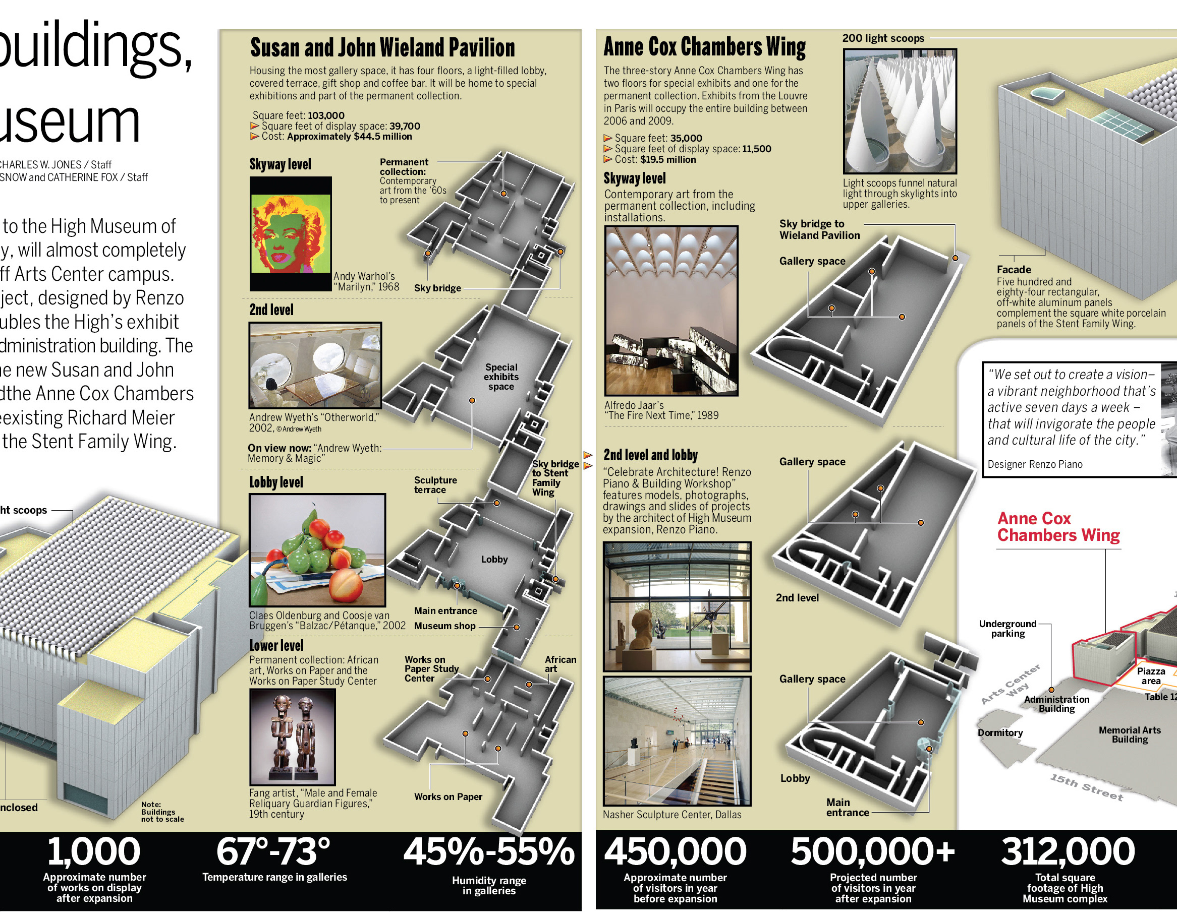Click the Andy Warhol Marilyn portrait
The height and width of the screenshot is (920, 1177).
point(291,234)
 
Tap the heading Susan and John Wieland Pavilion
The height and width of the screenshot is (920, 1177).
point(382,48)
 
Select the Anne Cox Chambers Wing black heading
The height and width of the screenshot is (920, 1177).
point(704,47)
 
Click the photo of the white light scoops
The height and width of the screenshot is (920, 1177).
point(900,111)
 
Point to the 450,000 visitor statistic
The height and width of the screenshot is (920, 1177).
point(675,851)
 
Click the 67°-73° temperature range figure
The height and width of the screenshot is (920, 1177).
point(273,851)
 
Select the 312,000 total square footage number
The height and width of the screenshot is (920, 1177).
point(1068,851)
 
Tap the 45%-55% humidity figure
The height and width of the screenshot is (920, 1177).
point(489,851)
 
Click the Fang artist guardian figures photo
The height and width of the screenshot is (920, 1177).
point(292,737)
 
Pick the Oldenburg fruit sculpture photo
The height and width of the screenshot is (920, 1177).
point(317,550)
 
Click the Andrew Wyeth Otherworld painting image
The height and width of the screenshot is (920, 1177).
point(315,365)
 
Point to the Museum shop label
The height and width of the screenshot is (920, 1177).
point(444,626)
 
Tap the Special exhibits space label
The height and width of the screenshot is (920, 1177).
point(500,377)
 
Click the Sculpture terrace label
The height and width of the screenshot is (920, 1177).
point(435,485)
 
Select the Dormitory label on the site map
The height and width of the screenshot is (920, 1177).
point(1000,732)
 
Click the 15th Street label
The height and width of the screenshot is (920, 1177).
point(1086,787)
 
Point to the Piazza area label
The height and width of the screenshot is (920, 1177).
point(1151,676)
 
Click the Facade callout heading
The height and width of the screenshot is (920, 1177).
point(1013,269)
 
